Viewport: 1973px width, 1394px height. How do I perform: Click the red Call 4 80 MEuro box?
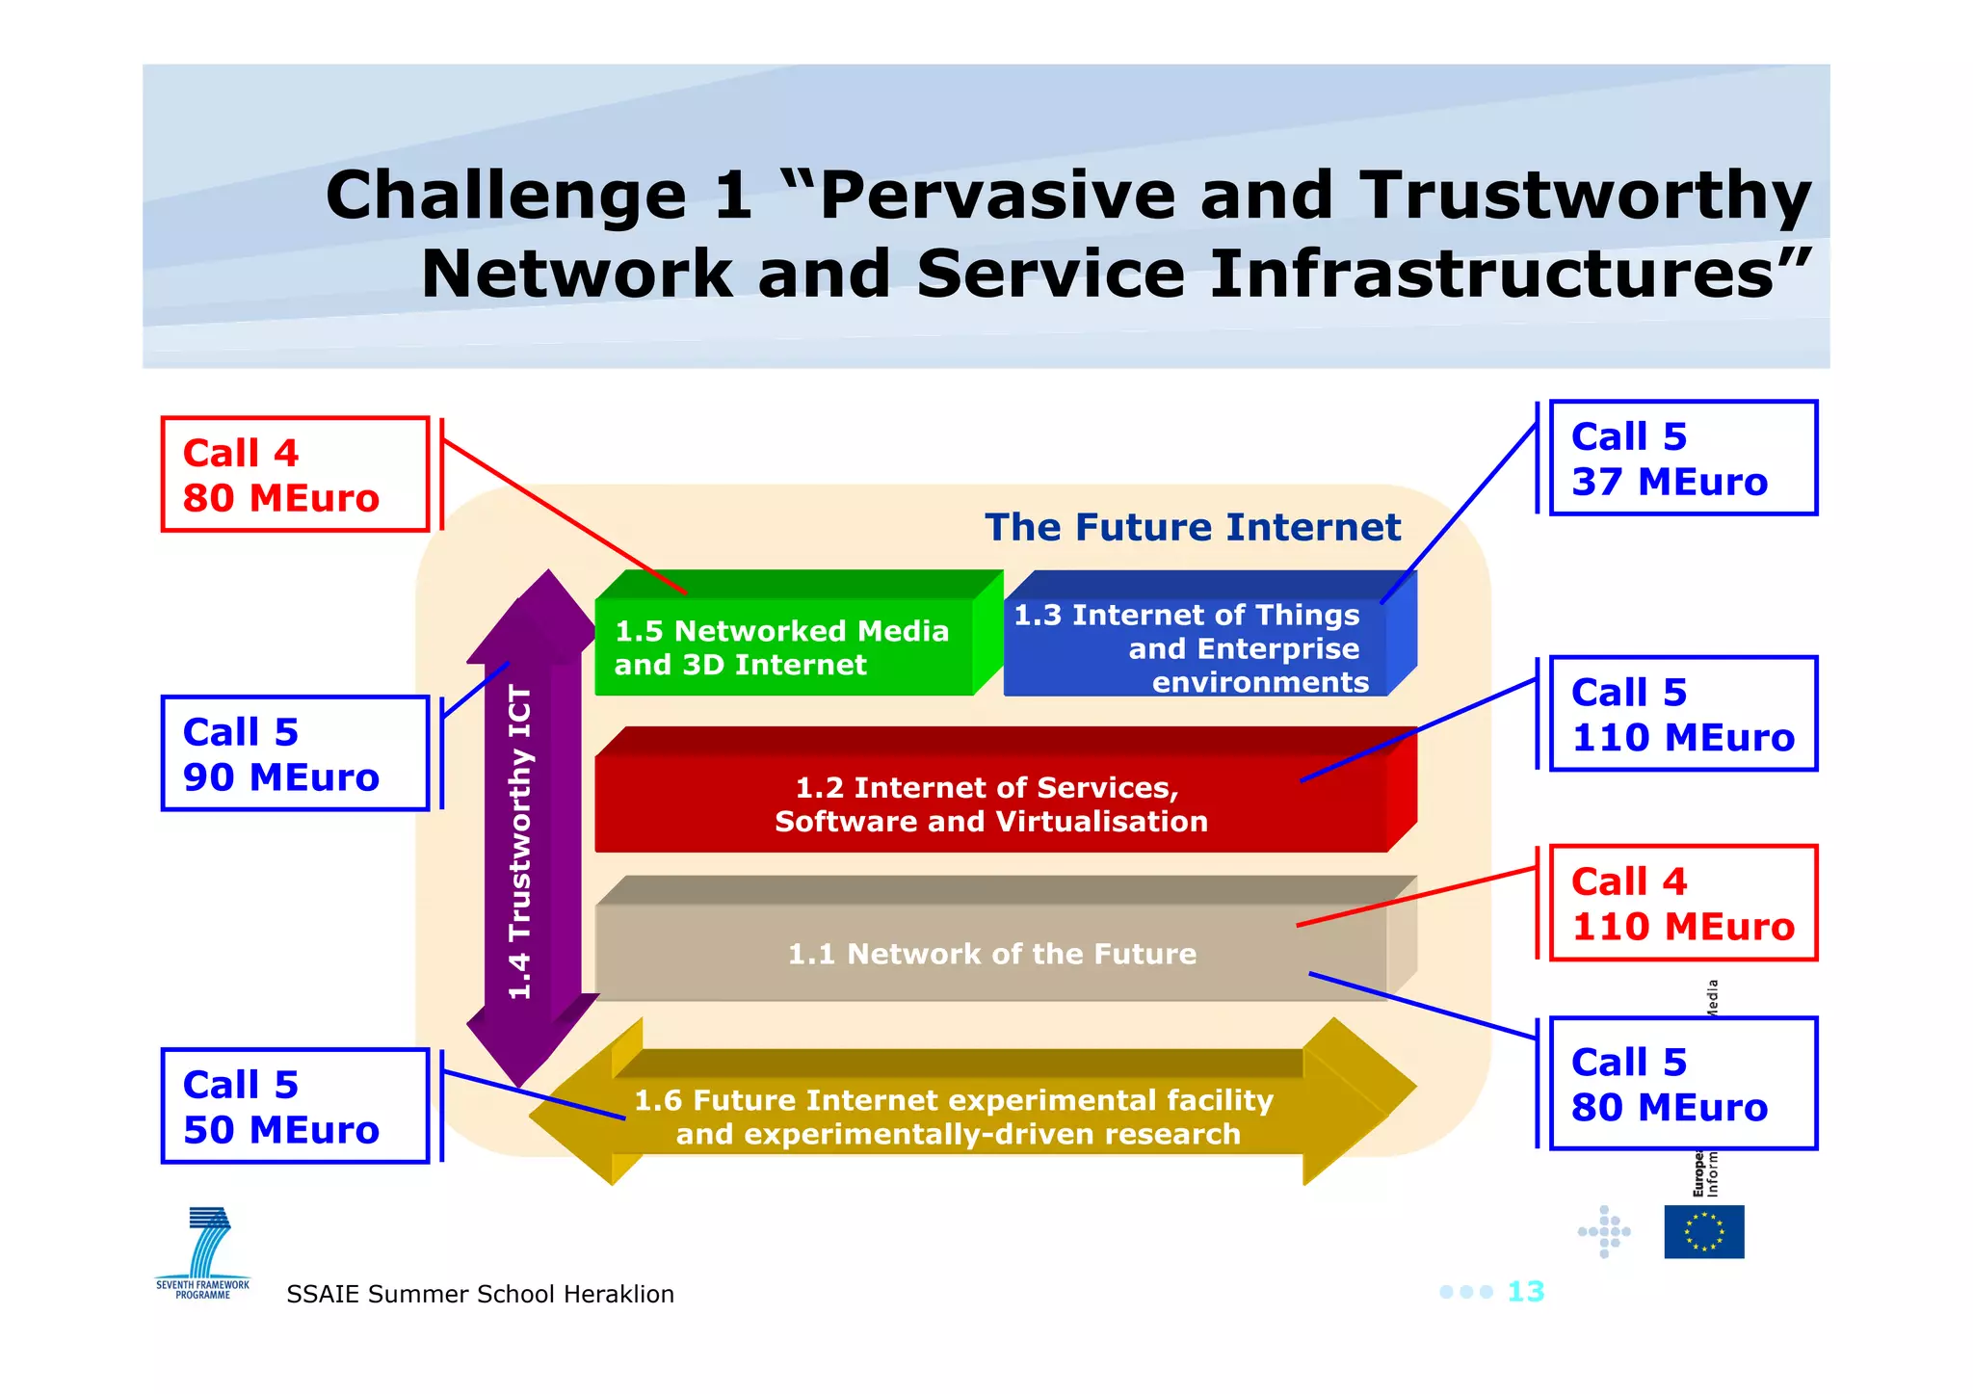[x=295, y=474]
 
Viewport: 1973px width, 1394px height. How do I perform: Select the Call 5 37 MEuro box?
[x=1682, y=459]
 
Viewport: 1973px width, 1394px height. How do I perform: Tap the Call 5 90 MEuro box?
[x=295, y=753]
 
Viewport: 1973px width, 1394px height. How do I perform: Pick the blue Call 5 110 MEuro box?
[x=1682, y=714]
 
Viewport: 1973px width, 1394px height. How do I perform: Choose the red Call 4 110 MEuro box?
[x=1682, y=903]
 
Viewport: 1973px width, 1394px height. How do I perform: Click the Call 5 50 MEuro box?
[x=295, y=1106]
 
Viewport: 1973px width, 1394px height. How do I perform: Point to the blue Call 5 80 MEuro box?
[x=1682, y=1084]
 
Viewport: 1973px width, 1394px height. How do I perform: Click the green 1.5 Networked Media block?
[x=782, y=646]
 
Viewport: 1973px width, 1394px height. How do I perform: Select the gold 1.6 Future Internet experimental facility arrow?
[x=954, y=1116]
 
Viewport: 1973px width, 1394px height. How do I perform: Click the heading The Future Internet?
[x=1193, y=527]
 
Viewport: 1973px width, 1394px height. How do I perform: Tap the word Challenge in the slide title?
[x=505, y=196]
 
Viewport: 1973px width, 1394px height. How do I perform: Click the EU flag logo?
[x=1703, y=1231]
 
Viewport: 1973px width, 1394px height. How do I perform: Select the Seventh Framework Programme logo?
[x=204, y=1252]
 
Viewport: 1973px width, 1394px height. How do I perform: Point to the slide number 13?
[x=1525, y=1291]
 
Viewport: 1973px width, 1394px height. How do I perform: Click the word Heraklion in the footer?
[x=618, y=1294]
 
